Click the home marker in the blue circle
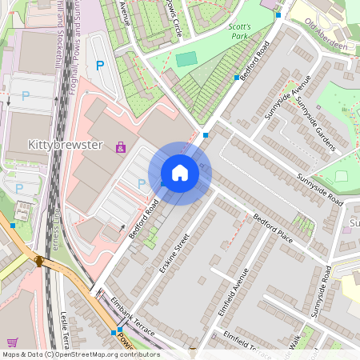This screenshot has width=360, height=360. click(180, 173)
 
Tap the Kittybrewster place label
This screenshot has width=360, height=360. click(65, 146)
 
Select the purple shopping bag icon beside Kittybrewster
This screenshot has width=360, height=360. click(120, 148)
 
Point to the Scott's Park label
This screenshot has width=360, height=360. click(239, 31)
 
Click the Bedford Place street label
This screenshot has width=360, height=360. click(275, 228)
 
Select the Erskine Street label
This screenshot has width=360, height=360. click(174, 253)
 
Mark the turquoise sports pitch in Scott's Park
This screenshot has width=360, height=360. click(186, 58)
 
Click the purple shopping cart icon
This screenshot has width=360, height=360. click(12, 342)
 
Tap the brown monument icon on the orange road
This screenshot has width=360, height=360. click(38, 261)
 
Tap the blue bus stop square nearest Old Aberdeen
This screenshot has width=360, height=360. click(276, 14)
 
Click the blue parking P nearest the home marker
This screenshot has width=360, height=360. click(142, 183)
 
